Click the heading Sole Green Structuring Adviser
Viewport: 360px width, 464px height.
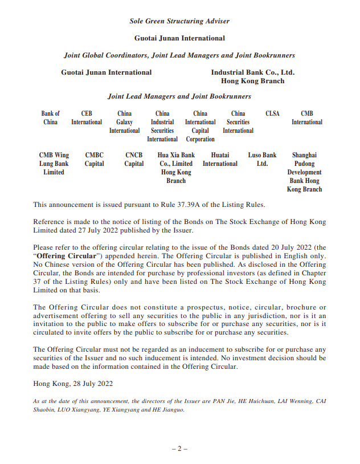coord(179,21)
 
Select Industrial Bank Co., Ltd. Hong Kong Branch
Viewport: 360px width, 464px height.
coord(252,76)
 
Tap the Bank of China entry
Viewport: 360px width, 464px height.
coord(50,117)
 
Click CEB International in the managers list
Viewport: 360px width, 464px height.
coord(87,117)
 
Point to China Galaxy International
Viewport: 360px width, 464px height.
coord(124,122)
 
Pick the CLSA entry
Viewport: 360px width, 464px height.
coord(273,113)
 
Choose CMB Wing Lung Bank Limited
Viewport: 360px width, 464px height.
coord(54,163)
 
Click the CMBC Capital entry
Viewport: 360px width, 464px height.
coord(95,159)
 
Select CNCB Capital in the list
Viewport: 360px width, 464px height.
coord(134,159)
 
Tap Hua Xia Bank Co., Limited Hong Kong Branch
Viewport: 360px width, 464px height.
coord(176,168)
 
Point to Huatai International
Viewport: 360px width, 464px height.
coord(220,159)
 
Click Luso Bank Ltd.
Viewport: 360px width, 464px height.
coord(262,159)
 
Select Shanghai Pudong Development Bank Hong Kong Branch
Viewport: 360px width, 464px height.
coord(304,172)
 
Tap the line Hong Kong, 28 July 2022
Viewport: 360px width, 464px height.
coord(73,384)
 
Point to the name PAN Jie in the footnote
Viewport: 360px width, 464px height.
coord(200,401)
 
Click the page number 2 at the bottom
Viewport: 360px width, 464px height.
coord(179,449)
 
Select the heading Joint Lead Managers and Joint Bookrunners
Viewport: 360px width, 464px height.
coord(179,97)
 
